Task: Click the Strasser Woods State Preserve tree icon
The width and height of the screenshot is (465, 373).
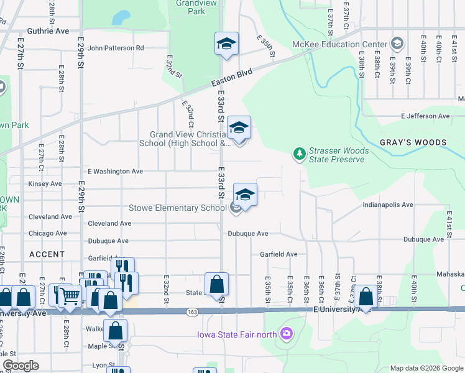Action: (300, 153)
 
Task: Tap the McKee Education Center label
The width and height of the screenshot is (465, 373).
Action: (340, 44)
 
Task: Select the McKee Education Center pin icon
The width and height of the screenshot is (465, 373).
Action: (397, 44)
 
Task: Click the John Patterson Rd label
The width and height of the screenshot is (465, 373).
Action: (116, 47)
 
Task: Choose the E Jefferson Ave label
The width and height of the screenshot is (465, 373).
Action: (425, 116)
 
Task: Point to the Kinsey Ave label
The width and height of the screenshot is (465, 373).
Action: (45, 183)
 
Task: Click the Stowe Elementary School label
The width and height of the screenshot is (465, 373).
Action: (177, 208)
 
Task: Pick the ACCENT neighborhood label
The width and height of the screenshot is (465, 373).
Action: (47, 254)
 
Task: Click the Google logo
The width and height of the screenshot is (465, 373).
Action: (21, 365)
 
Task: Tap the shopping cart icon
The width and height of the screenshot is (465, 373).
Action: (70, 295)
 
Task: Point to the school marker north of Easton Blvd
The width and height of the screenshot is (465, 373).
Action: (227, 44)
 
